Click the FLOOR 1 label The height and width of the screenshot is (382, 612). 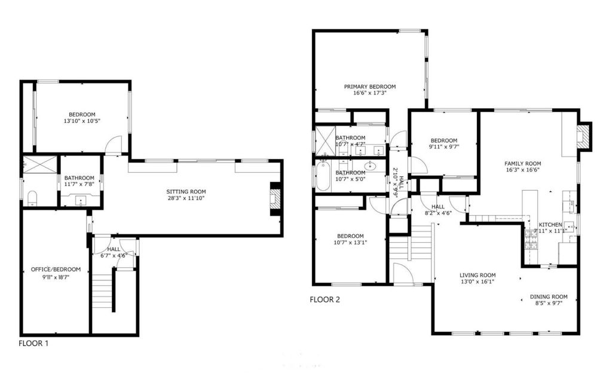[x=33, y=344]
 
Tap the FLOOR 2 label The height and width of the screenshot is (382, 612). [x=325, y=300]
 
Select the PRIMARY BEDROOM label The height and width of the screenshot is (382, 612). [x=369, y=87]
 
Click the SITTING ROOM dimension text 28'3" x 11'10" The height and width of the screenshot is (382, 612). [x=186, y=198]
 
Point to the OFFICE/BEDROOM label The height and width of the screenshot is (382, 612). [x=56, y=269]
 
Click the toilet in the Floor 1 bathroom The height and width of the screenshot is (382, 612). [x=32, y=198]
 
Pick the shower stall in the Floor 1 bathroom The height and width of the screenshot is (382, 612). [x=39, y=164]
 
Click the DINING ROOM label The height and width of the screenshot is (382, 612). [x=549, y=297]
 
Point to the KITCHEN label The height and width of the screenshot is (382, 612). [x=550, y=225]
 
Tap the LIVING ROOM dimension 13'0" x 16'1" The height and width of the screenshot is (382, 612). [x=477, y=281]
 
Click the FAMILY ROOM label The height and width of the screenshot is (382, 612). [x=522, y=164]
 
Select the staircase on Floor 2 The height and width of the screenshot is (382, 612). [x=412, y=246]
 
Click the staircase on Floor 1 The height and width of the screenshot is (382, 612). [x=103, y=292]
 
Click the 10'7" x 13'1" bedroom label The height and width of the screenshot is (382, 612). [x=350, y=236]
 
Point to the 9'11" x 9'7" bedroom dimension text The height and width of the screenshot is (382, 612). [x=444, y=147]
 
